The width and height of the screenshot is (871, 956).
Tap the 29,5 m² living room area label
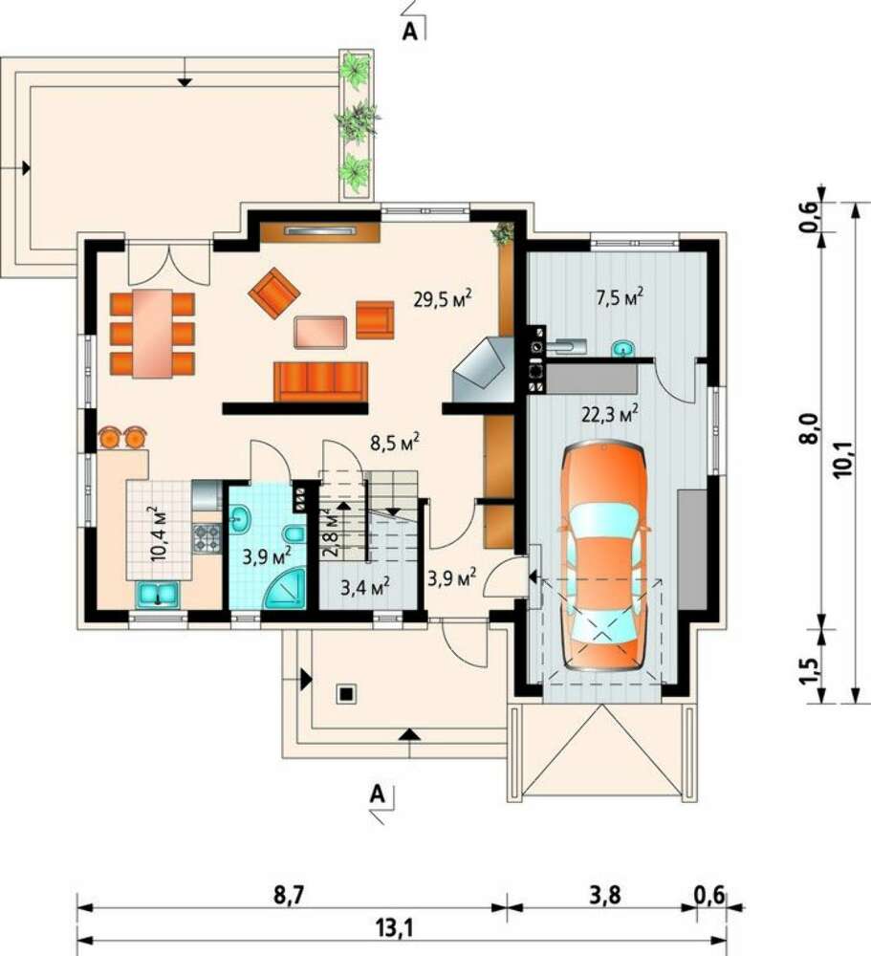coord(443,299)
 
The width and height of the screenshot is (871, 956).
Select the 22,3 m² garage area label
coord(609,415)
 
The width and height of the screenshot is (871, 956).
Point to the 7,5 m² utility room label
coord(620,297)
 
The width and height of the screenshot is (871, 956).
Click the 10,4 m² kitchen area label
coord(158,533)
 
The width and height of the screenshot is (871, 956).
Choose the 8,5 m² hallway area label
coord(394,442)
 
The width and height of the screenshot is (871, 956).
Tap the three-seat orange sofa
coord(321,381)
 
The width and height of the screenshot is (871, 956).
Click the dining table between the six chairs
coord(152,333)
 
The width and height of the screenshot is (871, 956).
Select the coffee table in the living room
coord(320,333)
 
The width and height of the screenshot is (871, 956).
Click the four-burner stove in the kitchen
coord(207,538)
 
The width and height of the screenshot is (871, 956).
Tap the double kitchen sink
coord(158,595)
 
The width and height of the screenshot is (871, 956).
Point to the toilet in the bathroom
coord(294,534)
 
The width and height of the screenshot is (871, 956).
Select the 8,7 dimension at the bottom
coord(289,896)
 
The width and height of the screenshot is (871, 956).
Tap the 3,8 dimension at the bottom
coord(605,896)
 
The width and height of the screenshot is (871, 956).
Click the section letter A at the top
coord(410,32)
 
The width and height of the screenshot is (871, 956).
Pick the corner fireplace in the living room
coord(484,369)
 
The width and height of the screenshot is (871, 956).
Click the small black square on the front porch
coord(346,694)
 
